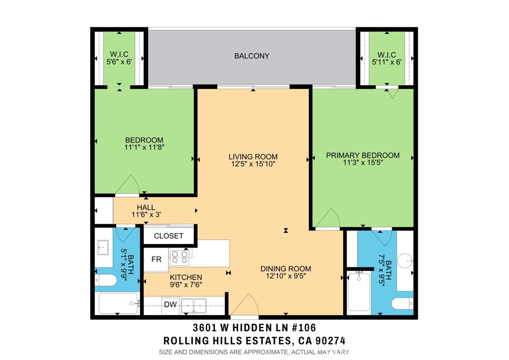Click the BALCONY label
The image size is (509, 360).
pyautogui.click(x=252, y=56)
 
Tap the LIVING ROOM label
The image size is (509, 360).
pyautogui.click(x=253, y=157)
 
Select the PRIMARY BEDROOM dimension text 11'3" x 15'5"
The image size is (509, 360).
pyautogui.click(x=363, y=162)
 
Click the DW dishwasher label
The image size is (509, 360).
pyautogui.click(x=170, y=304)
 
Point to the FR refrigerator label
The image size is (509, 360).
pyautogui.click(x=157, y=260)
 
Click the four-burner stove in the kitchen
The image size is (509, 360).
pyautogui.click(x=179, y=257)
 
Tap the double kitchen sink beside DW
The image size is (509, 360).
pyautogui.click(x=193, y=306)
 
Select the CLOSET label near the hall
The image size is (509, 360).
pyautogui.click(x=169, y=236)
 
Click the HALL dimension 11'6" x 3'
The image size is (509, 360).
pyautogui.click(x=147, y=215)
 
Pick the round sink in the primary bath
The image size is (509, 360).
pyautogui.click(x=406, y=261)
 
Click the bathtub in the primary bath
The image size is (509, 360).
pyautogui.click(x=359, y=291)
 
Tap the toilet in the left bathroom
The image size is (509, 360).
pyautogui.click(x=105, y=280)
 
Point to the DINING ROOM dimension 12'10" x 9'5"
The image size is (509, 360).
pyautogui.click(x=286, y=276)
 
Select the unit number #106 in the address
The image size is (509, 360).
pyautogui.click(x=304, y=328)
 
